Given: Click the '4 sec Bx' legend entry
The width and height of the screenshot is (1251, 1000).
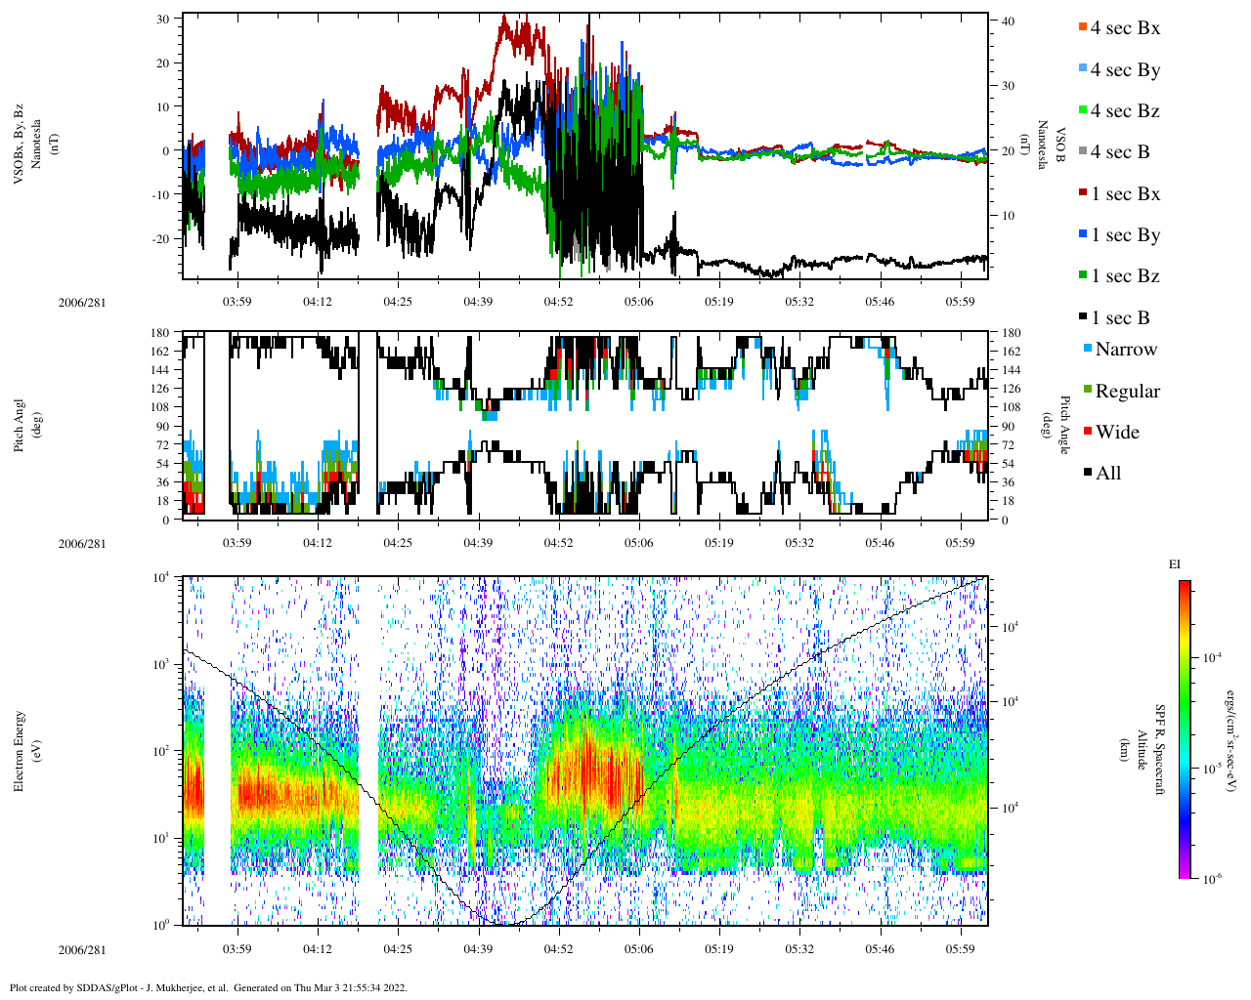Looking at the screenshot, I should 1124,28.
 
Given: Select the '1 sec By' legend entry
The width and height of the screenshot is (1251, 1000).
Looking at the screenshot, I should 1125,235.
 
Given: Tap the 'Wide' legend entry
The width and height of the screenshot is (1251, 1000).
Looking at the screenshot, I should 1117,433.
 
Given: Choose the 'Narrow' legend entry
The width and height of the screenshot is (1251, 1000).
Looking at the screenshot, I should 1125,350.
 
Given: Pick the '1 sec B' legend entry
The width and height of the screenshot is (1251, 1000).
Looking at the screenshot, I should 1120,318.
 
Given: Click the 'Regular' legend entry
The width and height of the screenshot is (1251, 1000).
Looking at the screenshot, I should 1127,392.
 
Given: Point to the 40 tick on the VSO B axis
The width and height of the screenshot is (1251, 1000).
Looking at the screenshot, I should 1007,21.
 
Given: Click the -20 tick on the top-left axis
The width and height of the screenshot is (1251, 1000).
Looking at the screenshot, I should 162,238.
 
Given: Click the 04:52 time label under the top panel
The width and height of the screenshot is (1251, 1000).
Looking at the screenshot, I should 558,302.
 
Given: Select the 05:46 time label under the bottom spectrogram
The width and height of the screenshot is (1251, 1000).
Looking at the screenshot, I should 880,949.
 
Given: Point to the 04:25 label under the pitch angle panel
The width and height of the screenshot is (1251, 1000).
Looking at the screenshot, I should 397,543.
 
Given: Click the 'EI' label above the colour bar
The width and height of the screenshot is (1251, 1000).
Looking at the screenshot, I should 1174,564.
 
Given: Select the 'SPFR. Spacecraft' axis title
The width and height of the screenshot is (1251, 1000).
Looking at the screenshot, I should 1159,750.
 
